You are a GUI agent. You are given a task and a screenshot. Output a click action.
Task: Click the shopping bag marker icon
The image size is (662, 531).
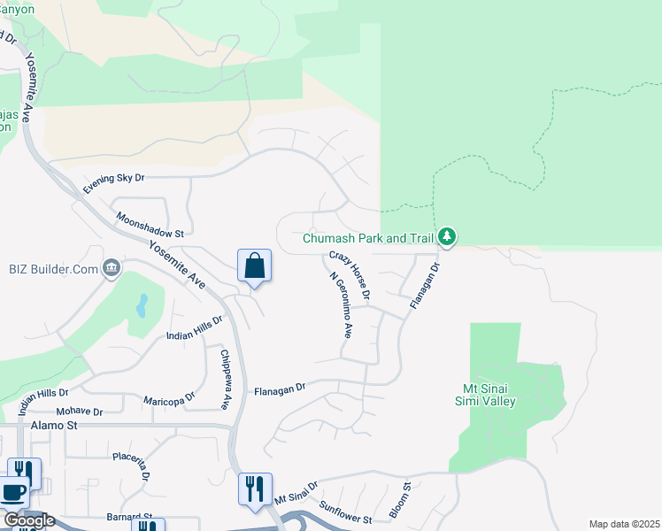click(x=254, y=265)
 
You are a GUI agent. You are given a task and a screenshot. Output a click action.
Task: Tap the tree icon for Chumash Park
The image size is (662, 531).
click(x=448, y=237)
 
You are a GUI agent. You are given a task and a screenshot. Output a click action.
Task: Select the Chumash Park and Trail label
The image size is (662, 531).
click(x=368, y=238)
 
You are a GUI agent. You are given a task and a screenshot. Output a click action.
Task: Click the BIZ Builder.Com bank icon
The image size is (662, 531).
click(x=112, y=268)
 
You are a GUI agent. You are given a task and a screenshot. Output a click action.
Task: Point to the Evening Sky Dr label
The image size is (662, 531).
click(x=113, y=183)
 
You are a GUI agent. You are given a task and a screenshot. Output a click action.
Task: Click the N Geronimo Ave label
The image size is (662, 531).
click(x=341, y=306)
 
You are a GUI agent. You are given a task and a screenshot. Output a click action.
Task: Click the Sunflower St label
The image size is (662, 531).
click(x=346, y=511)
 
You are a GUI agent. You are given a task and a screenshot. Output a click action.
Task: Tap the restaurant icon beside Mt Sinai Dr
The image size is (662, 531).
click(x=254, y=489)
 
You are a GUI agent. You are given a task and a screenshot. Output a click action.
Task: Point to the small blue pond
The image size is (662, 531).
click(x=142, y=306)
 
